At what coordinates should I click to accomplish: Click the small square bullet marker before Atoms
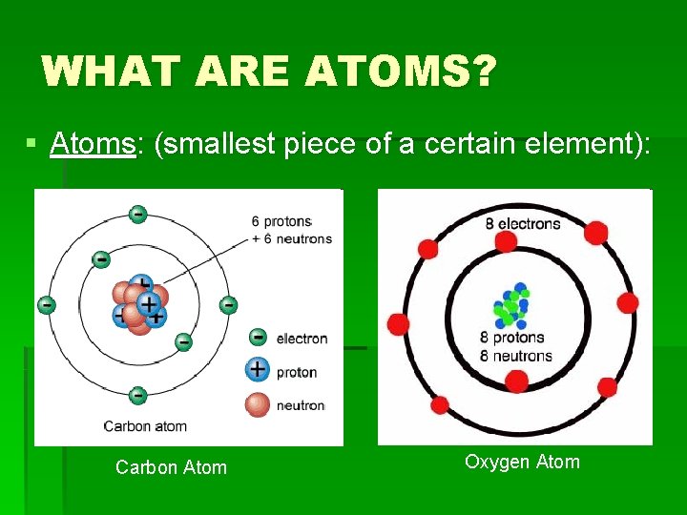(31, 144)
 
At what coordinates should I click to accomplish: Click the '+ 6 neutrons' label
(292, 238)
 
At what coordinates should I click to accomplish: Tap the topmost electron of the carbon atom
(138, 215)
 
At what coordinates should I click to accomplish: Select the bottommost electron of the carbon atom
(137, 394)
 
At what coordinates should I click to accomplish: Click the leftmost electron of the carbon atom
(46, 305)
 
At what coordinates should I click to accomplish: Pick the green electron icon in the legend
(258, 337)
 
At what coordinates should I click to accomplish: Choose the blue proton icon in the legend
(258, 370)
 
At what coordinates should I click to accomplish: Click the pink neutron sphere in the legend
(258, 404)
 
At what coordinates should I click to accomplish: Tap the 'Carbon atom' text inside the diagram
(145, 426)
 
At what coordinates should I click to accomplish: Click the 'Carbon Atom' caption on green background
(171, 467)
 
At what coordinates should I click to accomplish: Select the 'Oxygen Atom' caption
(522, 463)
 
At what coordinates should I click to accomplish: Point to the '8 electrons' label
(522, 224)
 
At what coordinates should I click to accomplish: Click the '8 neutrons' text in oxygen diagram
(516, 356)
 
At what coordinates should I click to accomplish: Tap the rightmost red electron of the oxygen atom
(628, 303)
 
